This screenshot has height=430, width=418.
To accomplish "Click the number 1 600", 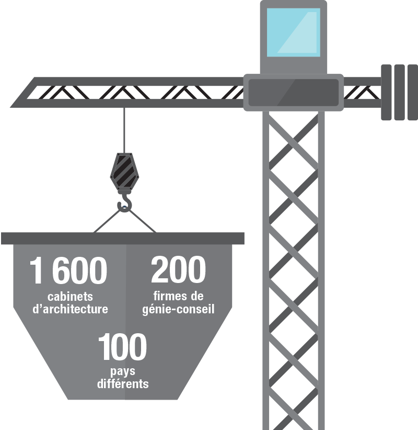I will (68, 271).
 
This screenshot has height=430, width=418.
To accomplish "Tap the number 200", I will (178, 271).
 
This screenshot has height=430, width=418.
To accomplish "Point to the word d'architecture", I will (70, 309).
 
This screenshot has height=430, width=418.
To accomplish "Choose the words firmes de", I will (178, 297).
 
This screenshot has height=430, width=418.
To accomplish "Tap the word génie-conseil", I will (178, 309).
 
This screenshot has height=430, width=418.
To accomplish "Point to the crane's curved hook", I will (125, 204).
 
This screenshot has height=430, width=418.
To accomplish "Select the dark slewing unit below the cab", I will (293, 92).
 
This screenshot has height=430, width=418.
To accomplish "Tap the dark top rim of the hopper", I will (122, 239).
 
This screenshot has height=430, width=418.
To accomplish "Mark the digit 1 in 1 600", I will (37, 271).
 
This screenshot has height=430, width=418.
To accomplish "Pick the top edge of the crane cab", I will (293, 3).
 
